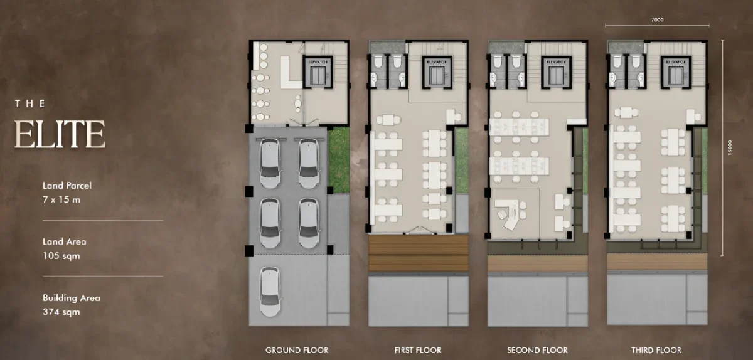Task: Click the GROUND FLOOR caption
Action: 297,350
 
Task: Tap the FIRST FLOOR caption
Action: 418,350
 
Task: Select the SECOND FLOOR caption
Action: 538,350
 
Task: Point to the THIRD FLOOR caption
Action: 658,350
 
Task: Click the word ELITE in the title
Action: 60,134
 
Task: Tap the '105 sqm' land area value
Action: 61,256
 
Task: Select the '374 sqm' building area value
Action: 61,312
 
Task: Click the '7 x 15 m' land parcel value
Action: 61,200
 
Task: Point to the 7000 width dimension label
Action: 657,20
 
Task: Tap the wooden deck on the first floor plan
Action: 418,253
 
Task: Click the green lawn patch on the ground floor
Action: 338,160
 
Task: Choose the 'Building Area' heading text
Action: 71,298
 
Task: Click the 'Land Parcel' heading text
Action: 67,186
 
